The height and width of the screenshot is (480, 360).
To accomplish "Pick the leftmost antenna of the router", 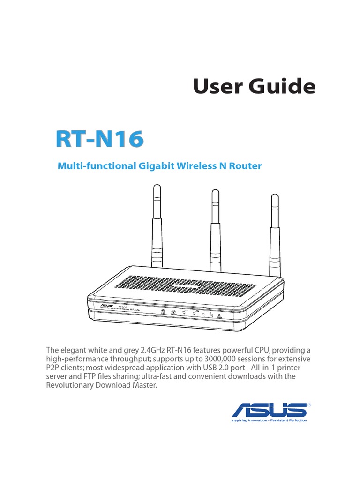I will [156, 225].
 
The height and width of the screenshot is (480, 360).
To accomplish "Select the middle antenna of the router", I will [215, 225].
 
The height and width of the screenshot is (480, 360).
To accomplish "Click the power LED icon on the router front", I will [163, 312].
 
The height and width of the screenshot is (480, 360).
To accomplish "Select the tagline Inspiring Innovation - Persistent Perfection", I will [269, 420].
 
